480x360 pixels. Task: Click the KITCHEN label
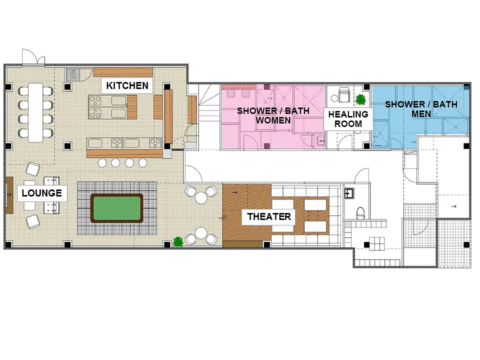coord(127,85)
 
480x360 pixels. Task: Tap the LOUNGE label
coord(42,193)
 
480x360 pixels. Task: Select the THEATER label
coord(269,216)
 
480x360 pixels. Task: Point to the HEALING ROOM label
coord(348,119)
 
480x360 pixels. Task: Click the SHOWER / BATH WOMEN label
coord(273,115)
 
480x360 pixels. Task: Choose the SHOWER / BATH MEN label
coord(421,109)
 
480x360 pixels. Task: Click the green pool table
coord(117,208)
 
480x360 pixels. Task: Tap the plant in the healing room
coord(360,99)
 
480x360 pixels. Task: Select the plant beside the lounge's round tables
coord(178,242)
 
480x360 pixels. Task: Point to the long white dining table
coord(35,112)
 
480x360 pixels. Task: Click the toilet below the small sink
coord(360,213)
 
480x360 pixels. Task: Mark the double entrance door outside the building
coord(33,57)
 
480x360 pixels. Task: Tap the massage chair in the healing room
coord(344,95)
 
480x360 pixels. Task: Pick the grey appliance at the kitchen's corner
coord(73,74)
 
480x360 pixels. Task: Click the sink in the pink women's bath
coord(320,141)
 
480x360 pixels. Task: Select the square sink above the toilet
coord(349,193)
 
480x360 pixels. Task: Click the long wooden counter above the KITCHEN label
coord(123,72)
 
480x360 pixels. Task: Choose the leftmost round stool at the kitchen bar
coord(102,163)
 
